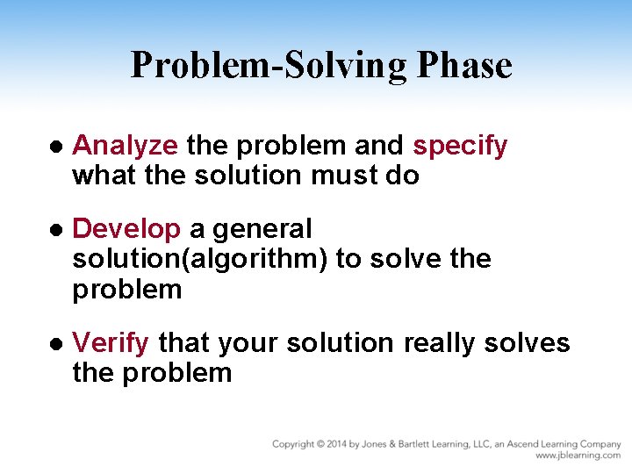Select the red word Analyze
[x=125, y=146]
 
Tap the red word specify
[x=460, y=146]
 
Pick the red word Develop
[x=126, y=229]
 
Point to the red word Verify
[x=111, y=342]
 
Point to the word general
[x=262, y=229]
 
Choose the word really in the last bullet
[x=440, y=342]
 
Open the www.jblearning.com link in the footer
[x=578, y=456]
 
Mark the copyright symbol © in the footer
[x=322, y=444]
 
